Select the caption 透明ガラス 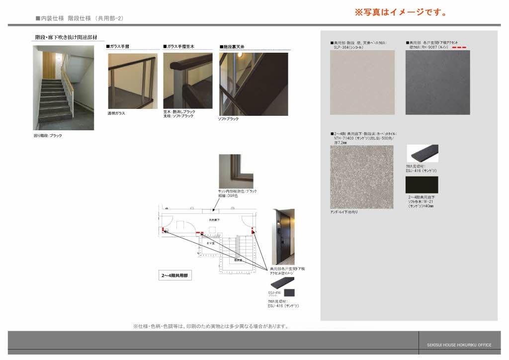[116, 113]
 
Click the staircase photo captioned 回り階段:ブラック [63, 88]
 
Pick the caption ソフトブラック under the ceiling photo [229, 119]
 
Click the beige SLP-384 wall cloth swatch [362, 83]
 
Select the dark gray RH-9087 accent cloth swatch [437, 83]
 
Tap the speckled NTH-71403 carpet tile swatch [361, 177]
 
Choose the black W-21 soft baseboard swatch [422, 185]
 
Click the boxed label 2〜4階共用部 [175, 274]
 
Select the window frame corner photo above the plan [236, 171]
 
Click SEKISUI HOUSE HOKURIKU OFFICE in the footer [459, 345]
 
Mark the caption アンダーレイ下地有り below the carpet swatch [343, 212]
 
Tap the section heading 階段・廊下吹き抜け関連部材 [66, 37]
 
